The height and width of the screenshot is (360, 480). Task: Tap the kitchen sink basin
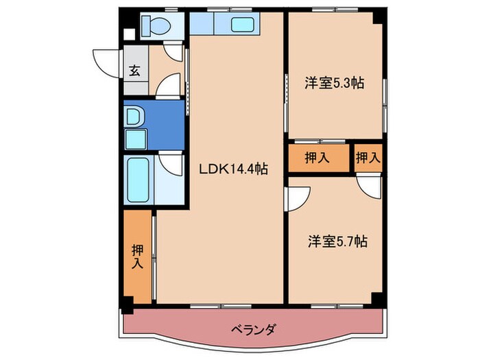242,25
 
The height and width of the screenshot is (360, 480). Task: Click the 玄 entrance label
135,71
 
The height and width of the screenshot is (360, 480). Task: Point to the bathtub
138,180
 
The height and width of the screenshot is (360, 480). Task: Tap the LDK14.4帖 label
233,168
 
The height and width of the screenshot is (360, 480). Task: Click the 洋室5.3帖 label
334,83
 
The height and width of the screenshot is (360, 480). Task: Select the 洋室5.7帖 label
337,241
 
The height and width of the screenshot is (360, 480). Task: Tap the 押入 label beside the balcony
138,256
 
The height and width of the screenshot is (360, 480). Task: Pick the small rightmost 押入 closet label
368,157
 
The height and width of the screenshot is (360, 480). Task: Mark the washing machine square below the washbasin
135,140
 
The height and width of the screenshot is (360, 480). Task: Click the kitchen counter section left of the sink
202,24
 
